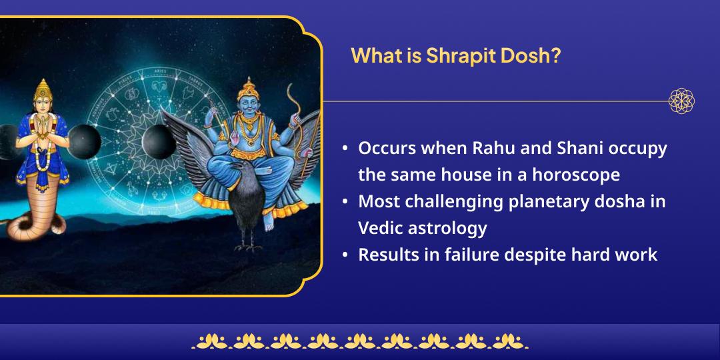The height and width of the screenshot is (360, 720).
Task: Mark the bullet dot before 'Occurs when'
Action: [345, 149]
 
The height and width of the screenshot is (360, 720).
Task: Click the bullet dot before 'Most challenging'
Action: [345, 202]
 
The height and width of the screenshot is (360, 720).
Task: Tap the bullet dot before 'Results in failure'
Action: [345, 255]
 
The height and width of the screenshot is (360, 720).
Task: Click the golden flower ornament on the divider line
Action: [681, 101]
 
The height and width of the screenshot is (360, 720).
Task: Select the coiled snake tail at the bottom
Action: [30, 223]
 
